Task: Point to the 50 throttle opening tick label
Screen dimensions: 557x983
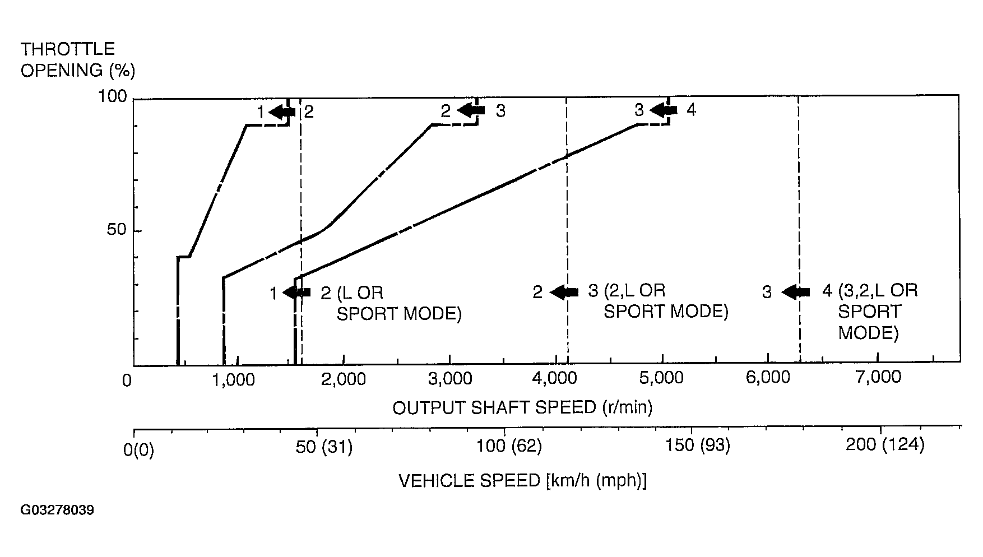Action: [117, 231]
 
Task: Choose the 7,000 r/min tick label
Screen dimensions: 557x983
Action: [878, 377]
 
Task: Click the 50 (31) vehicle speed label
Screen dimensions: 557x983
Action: [324, 447]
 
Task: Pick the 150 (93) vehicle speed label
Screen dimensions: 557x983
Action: [697, 445]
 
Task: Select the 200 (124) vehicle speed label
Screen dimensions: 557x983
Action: [884, 445]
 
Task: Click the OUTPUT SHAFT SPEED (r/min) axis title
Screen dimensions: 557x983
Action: [522, 407]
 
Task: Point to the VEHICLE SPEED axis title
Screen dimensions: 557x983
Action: [522, 481]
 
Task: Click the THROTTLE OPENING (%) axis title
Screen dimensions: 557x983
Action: [77, 60]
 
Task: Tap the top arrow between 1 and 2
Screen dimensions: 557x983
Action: [282, 112]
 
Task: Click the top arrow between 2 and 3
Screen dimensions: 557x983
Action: [471, 110]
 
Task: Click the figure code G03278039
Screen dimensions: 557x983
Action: [57, 510]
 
